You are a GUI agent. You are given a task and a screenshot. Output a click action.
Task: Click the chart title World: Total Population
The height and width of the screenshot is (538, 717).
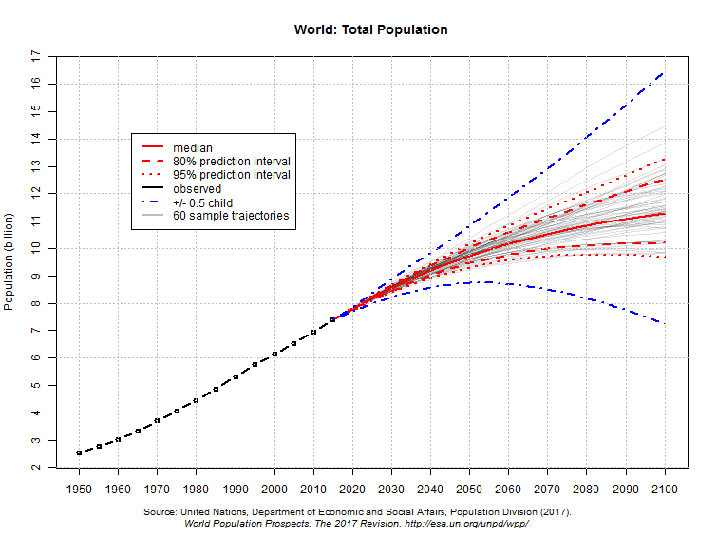[371, 29]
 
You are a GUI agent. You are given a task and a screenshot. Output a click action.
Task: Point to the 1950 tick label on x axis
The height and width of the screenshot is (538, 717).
[79, 488]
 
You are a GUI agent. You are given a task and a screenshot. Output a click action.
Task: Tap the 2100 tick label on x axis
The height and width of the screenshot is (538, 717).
[665, 488]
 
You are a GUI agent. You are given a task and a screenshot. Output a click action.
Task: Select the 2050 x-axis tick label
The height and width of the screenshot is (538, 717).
[469, 488]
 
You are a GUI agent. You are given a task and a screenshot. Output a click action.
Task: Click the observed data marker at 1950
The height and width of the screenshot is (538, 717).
[79, 452]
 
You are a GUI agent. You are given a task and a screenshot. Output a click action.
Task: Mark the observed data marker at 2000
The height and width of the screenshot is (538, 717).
[274, 354]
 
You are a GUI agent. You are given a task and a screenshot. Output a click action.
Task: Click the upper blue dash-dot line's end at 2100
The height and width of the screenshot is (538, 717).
[664, 72]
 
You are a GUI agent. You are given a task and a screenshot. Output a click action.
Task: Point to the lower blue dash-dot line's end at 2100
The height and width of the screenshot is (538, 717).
[664, 323]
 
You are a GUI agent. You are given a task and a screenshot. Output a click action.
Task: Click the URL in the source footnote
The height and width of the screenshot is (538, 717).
[466, 524]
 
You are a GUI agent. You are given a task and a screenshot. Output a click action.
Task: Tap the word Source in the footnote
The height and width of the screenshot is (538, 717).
[160, 512]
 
